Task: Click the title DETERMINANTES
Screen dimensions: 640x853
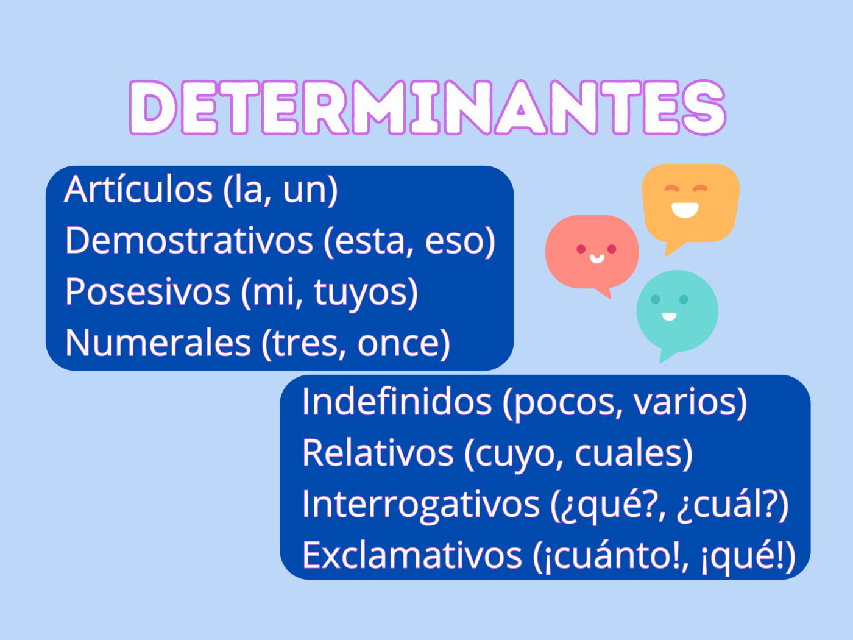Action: tap(427, 108)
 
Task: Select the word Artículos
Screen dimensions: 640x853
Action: tap(138, 189)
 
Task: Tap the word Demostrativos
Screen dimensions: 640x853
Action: tap(189, 240)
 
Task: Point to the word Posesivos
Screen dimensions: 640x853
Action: tap(147, 291)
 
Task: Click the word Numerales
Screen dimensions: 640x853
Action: tap(158, 343)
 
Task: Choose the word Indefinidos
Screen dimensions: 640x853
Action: tap(397, 402)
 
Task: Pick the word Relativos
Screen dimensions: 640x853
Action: tap(378, 453)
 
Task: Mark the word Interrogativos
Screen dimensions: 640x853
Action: tap(420, 504)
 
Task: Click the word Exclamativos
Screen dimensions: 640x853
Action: tap(412, 555)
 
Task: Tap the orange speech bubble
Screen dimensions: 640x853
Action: tap(690, 202)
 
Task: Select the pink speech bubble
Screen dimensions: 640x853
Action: tap(592, 251)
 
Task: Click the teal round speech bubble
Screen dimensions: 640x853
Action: tap(677, 311)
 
